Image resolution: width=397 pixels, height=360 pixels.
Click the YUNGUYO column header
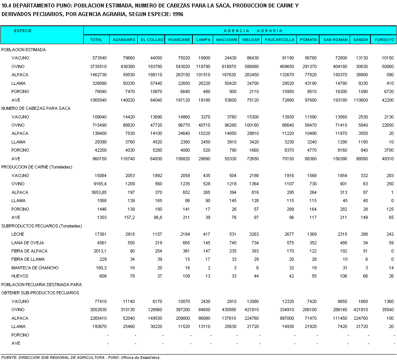(384, 40)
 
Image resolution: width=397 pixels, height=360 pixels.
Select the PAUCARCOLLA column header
(280, 40)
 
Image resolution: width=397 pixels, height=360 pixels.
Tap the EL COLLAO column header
(151, 40)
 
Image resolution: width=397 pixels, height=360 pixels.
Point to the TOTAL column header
(96, 40)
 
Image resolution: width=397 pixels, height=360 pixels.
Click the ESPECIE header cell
(23, 30)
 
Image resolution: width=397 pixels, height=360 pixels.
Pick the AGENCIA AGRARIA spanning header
(253, 30)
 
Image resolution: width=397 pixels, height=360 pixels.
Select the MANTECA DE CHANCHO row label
(35, 268)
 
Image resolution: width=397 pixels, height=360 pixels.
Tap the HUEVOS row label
(20, 276)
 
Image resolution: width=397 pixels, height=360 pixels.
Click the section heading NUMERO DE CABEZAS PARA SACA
(36, 108)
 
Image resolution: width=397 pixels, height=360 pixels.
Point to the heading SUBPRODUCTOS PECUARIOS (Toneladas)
(41, 226)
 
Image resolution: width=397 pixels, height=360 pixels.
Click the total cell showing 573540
(99, 58)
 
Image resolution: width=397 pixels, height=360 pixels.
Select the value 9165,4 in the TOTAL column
(99, 184)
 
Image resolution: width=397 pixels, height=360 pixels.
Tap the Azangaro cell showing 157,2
(129, 217)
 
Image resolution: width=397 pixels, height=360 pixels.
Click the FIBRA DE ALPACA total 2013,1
(99, 251)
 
